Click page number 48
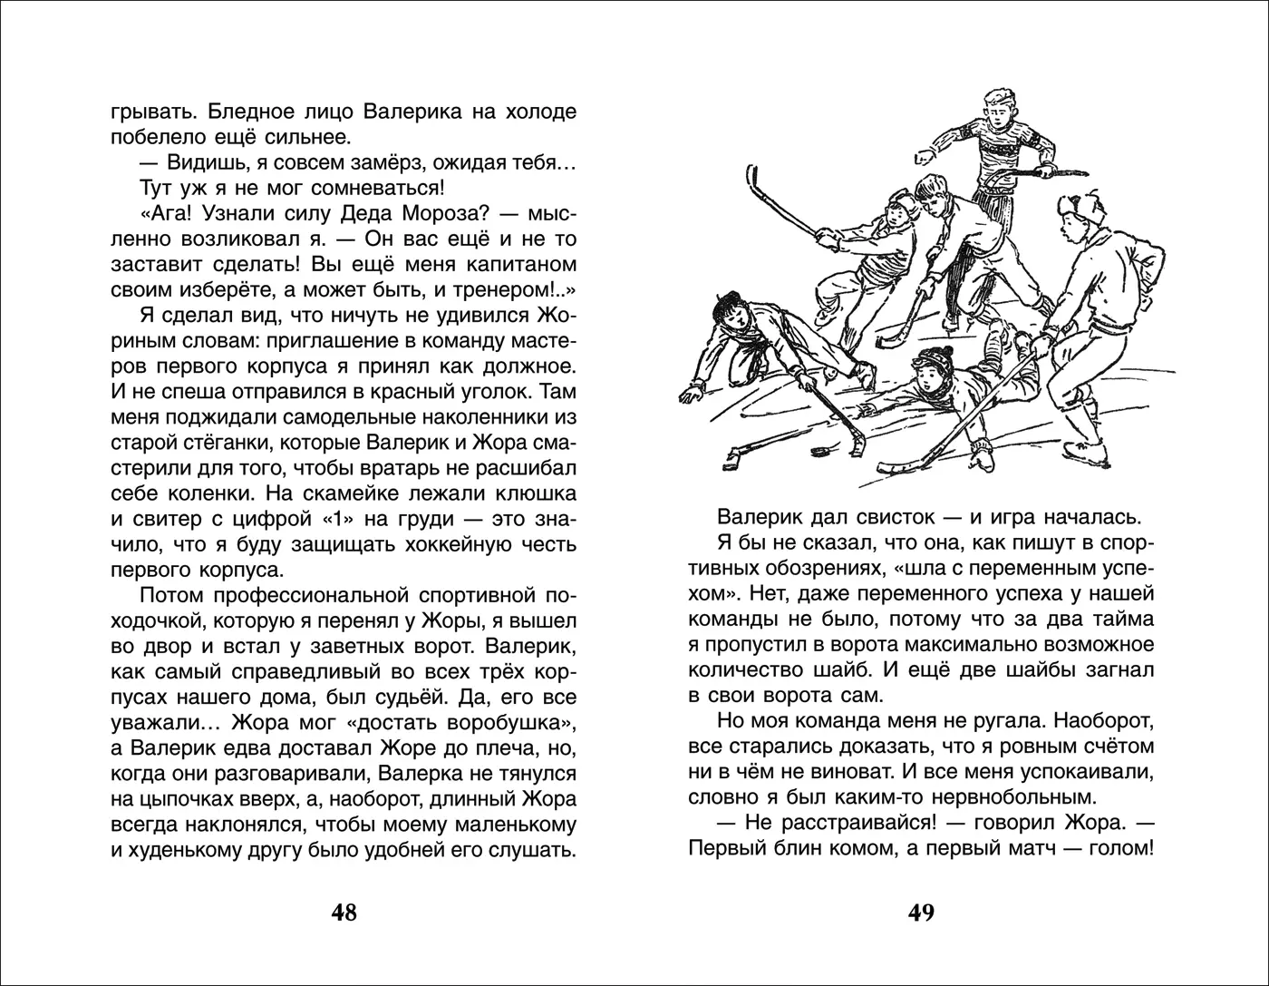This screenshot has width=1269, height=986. [344, 912]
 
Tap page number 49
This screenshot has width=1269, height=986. [921, 912]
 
